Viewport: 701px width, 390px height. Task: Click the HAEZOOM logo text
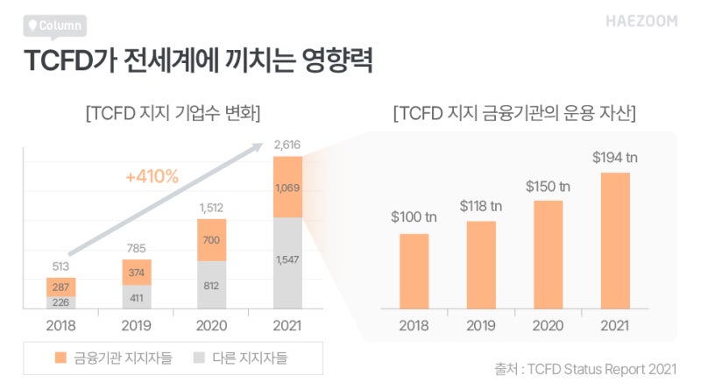point(641,21)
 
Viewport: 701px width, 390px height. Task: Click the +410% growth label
point(152,177)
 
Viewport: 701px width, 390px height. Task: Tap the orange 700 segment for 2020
point(211,239)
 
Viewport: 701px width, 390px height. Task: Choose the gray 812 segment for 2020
point(211,285)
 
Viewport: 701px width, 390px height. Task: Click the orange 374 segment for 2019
point(137,272)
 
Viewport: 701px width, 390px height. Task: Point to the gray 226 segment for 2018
point(61,302)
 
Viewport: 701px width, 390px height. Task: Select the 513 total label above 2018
point(61,266)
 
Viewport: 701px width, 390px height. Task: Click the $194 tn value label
point(616,158)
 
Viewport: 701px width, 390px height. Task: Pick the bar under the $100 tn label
point(414,271)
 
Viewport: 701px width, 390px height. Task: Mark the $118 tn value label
point(481,206)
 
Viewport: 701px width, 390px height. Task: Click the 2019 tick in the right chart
point(481,326)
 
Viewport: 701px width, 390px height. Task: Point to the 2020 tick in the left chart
point(211,326)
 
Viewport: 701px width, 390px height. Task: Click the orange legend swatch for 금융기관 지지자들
point(60,358)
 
